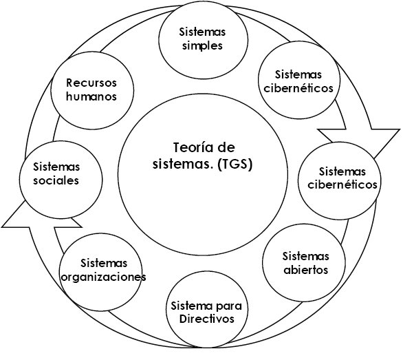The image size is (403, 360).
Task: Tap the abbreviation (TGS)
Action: point(235,165)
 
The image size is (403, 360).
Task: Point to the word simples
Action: point(202,46)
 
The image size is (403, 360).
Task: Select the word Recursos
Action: point(91,83)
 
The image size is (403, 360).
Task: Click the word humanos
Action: point(91,96)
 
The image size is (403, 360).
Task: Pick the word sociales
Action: point(56,180)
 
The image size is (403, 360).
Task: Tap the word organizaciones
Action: point(104,277)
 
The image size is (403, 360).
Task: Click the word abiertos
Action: point(306,270)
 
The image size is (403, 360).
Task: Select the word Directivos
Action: point(207,319)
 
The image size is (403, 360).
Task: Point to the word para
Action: point(229,306)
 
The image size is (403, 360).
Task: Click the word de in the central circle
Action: point(226,148)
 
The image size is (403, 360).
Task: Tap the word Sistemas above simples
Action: point(202,32)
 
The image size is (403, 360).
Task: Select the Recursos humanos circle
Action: point(92,89)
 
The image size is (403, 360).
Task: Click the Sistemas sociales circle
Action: point(61,180)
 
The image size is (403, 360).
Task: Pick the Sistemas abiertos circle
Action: point(304,263)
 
